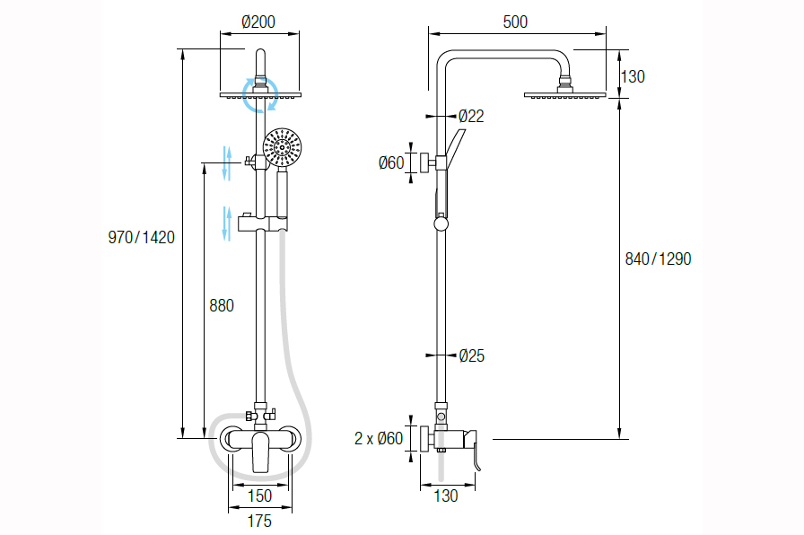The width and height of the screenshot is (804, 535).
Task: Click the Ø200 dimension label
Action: pos(258,22)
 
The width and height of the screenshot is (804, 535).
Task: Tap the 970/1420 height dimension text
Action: pos(141,238)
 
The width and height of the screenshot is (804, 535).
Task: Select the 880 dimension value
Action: pos(221,305)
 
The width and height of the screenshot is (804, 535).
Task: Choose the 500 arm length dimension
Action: pos(515,22)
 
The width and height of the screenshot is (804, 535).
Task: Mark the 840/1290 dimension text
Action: pos(658,259)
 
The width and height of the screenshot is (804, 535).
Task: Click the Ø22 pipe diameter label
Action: pos(471,116)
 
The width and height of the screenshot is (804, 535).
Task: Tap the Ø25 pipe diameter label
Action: pos(471,356)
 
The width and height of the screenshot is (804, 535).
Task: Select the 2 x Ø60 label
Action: pos(379,439)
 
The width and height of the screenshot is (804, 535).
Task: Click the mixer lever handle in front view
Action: pos(261,452)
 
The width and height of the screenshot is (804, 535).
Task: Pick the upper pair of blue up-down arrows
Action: pos(228,163)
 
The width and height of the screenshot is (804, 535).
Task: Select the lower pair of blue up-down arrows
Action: pos(228,223)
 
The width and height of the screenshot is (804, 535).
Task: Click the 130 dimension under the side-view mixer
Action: pos(445,496)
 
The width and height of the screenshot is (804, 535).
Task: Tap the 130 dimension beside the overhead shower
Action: pos(633,76)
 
